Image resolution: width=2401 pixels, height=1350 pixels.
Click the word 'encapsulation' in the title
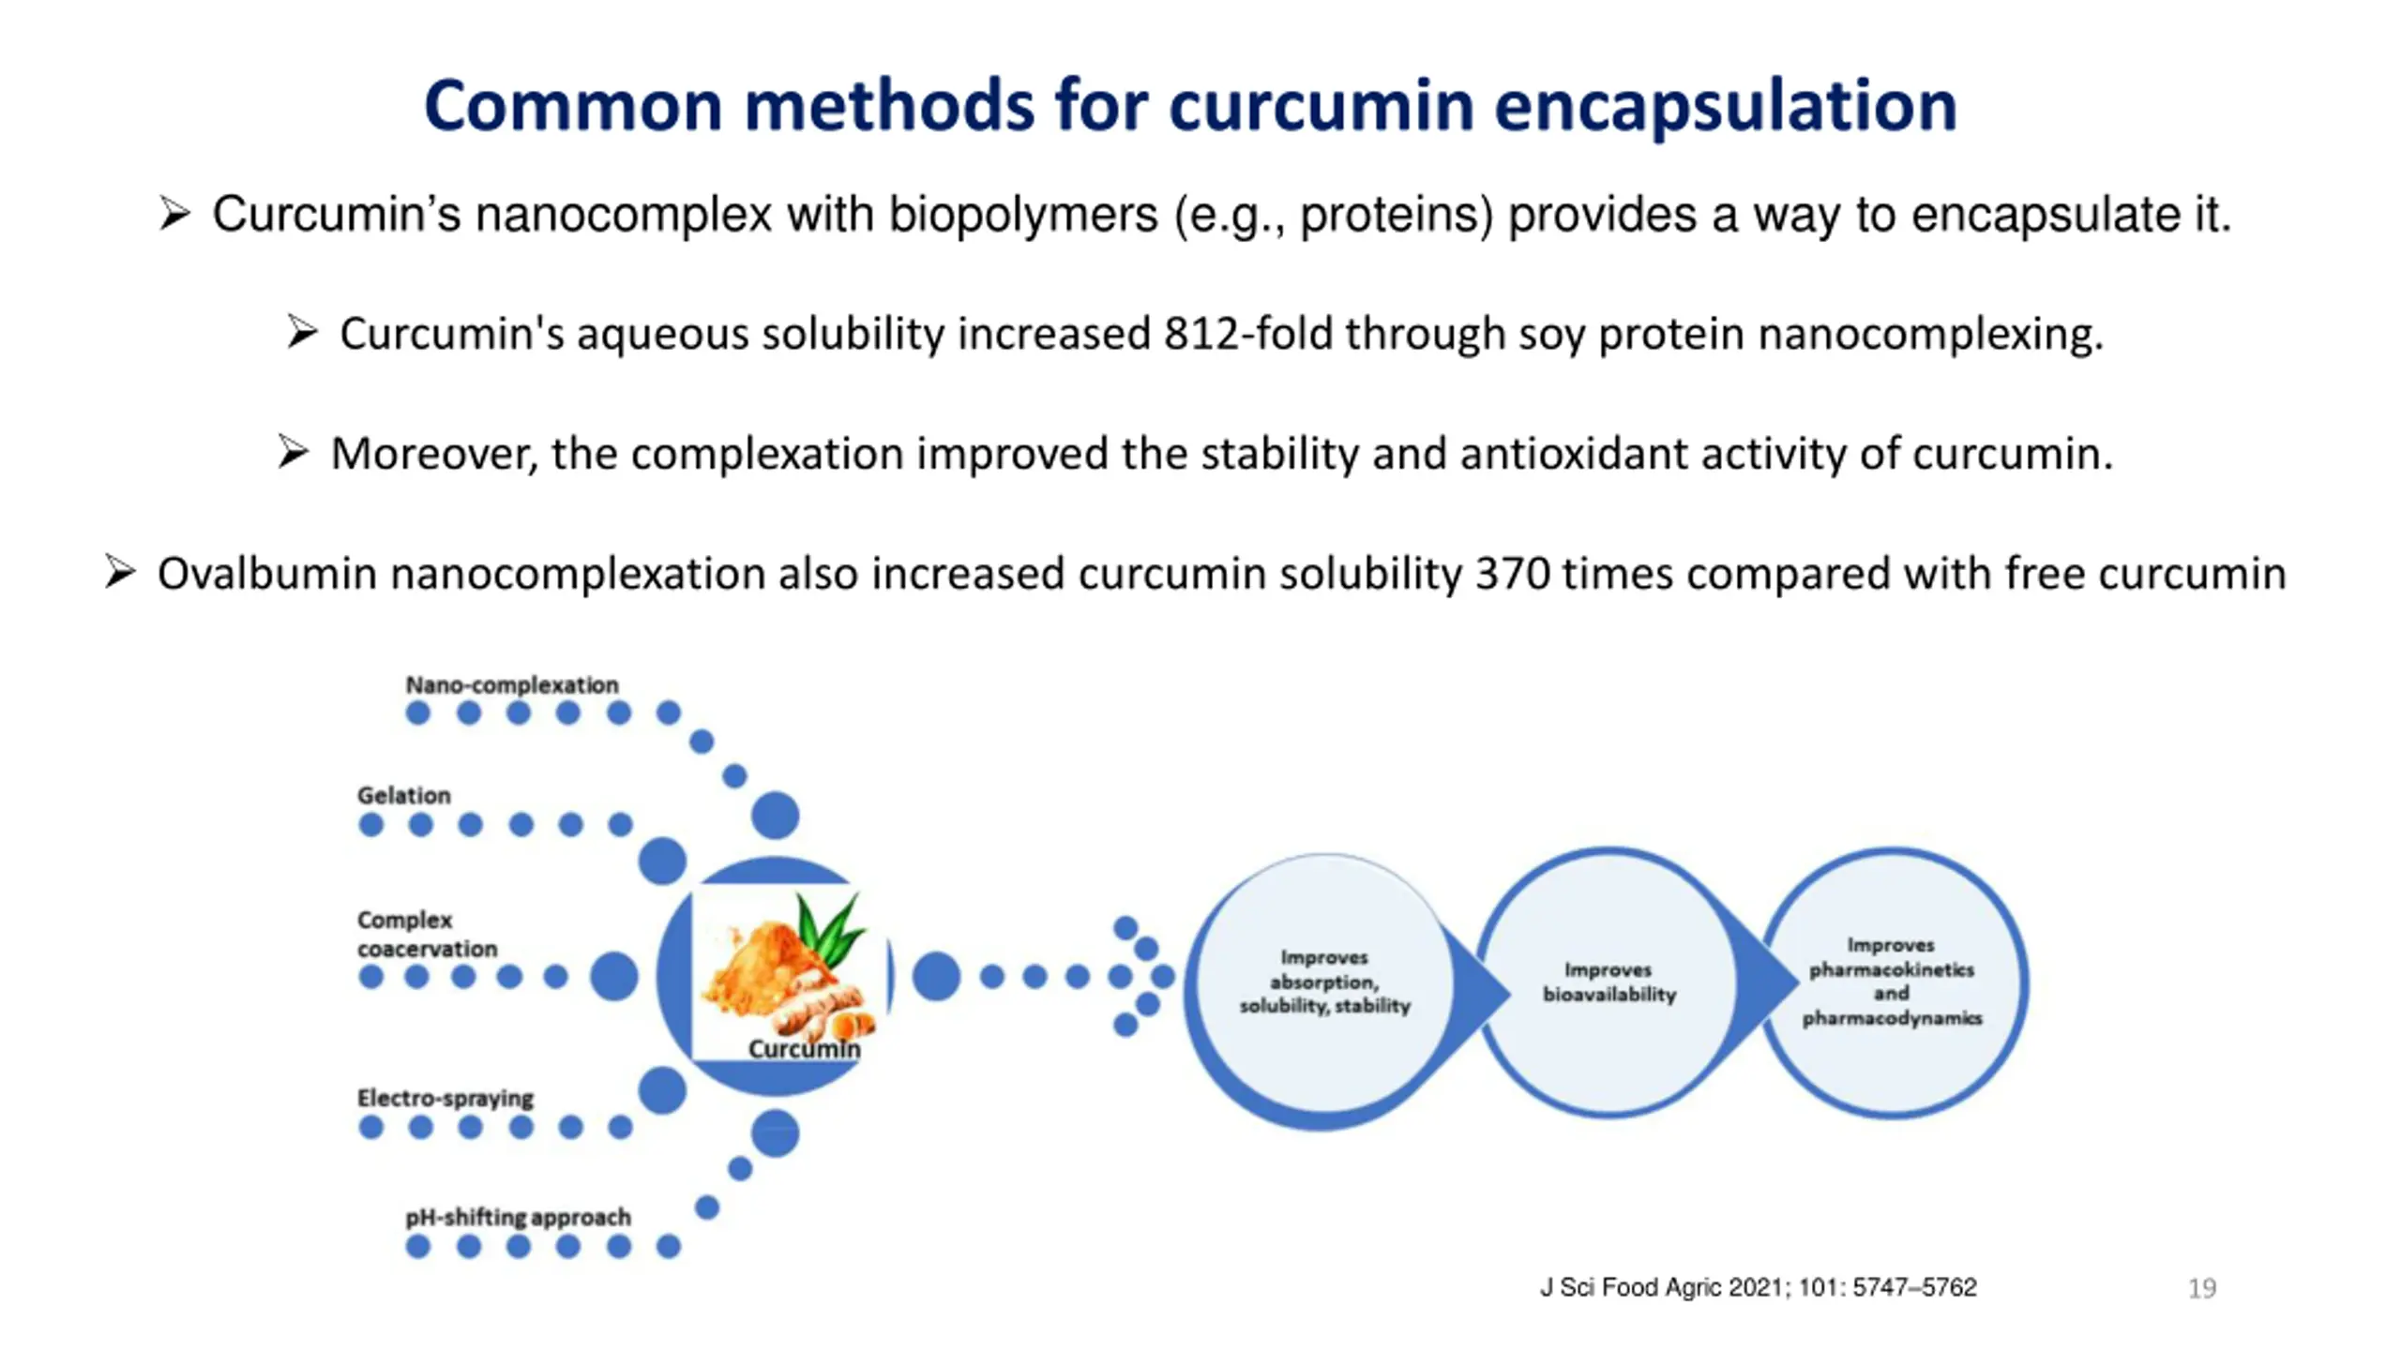point(1726,107)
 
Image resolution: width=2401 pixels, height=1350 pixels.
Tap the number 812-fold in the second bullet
point(1247,334)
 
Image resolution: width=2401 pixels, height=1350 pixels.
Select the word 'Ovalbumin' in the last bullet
point(266,574)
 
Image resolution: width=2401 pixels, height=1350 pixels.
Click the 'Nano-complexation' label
point(512,684)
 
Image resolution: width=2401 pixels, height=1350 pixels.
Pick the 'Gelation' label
point(403,795)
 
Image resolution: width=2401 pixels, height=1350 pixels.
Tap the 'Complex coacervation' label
point(427,934)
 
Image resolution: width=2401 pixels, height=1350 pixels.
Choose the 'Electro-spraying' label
point(445,1098)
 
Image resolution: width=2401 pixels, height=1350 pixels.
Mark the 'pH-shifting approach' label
point(518,1217)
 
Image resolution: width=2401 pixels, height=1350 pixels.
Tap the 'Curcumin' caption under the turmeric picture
point(804,1049)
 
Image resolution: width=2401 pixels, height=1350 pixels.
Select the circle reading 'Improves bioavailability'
point(1609,982)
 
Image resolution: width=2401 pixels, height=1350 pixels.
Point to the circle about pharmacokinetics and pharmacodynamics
point(1892,982)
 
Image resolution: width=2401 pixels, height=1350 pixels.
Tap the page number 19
point(2202,1288)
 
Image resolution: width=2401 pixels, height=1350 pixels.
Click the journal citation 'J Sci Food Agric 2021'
point(1758,1287)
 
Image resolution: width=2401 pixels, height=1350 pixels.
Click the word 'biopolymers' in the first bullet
point(1023,215)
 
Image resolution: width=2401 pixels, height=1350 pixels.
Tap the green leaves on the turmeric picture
point(829,928)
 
